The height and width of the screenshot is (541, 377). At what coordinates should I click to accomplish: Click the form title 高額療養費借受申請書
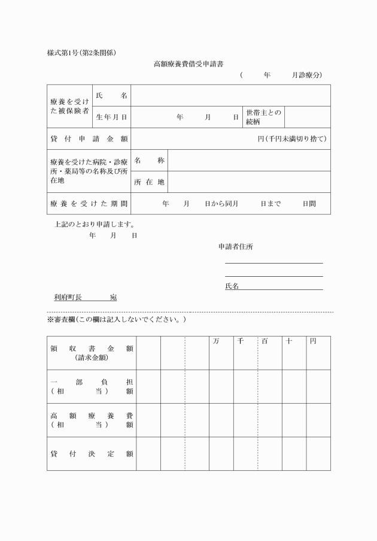188,63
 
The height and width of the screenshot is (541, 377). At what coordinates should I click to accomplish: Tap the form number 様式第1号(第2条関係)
81,52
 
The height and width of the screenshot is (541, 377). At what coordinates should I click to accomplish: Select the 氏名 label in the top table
111,96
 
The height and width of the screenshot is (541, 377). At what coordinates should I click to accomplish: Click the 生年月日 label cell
111,117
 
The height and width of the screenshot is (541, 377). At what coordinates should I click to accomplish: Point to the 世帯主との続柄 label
263,117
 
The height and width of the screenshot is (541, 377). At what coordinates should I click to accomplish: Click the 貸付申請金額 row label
89,139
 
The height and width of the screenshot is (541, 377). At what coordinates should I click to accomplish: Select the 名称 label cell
149,161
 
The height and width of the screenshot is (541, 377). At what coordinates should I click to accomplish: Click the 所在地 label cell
149,182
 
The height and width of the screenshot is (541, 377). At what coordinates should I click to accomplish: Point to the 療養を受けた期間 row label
89,204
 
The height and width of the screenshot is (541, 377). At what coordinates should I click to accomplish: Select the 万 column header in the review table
215,341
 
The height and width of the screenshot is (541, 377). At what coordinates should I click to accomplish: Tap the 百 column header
264,341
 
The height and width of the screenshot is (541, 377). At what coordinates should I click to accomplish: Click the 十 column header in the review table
288,341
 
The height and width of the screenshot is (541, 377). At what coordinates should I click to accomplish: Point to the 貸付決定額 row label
92,454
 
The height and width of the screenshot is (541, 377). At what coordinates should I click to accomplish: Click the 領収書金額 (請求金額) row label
92,353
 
